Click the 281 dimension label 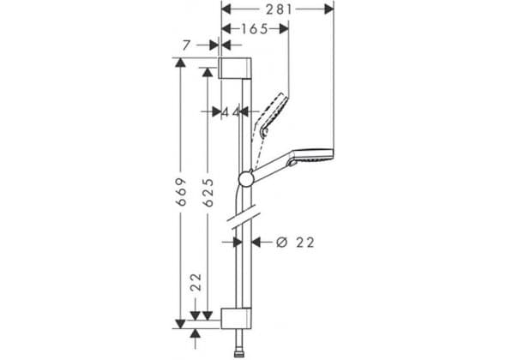point(279,9)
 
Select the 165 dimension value point(255,29)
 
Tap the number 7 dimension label point(186,45)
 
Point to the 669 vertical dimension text point(181,192)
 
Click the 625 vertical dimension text point(208,192)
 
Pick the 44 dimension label point(232,112)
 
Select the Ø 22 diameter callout point(295,243)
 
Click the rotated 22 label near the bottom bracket point(196,282)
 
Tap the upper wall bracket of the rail point(235,68)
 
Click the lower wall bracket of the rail point(236,318)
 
